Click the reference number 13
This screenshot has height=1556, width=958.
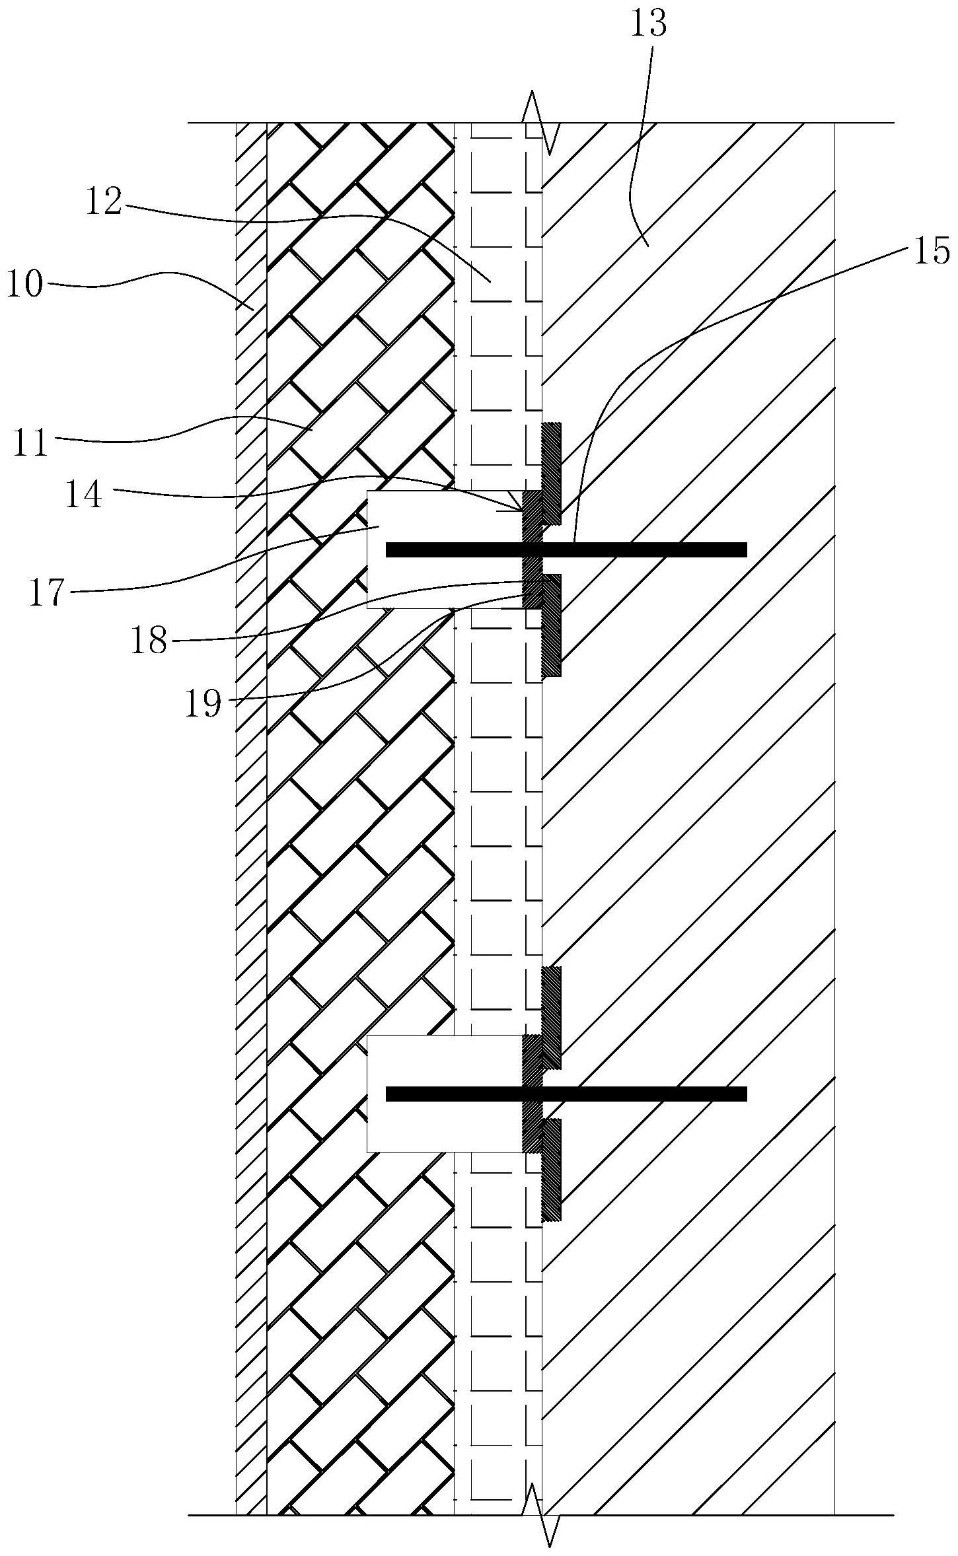[649, 22]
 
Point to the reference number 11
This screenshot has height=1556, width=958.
[30, 443]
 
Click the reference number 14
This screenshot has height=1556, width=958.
[84, 494]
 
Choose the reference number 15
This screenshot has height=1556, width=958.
[932, 252]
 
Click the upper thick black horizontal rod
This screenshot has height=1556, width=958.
[566, 549]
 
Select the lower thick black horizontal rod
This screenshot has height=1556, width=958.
[566, 1094]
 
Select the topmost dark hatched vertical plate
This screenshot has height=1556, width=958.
[552, 472]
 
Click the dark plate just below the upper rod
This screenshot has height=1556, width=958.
[552, 624]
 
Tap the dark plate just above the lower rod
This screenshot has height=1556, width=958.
[552, 1017]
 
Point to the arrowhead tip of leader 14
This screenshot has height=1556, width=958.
[521, 509]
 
